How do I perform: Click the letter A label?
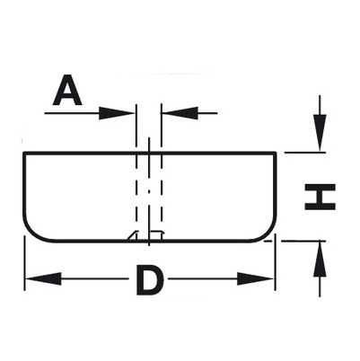[x=67, y=90]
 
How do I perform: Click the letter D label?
[x=150, y=279]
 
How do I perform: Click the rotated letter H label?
[x=320, y=197]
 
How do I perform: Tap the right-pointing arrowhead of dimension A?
[x=117, y=113]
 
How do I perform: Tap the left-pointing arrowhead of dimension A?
[x=180, y=113]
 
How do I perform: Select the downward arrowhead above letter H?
[x=320, y=133]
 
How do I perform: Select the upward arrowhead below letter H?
[x=320, y=259]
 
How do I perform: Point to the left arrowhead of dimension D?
[x=44, y=278]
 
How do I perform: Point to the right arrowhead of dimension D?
[x=255, y=278]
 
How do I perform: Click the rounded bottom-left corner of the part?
[x=32, y=233]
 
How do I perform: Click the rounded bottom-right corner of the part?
[x=268, y=233]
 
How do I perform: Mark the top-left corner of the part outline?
[x=24, y=154]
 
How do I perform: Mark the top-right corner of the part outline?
[x=275, y=154]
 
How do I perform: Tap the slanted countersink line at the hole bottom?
[x=132, y=235]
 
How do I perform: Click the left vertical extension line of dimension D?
[x=24, y=263]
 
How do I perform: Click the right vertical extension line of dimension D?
[x=275, y=263]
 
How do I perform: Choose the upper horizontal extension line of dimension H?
[x=305, y=153]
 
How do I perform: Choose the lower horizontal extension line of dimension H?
[x=303, y=241]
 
